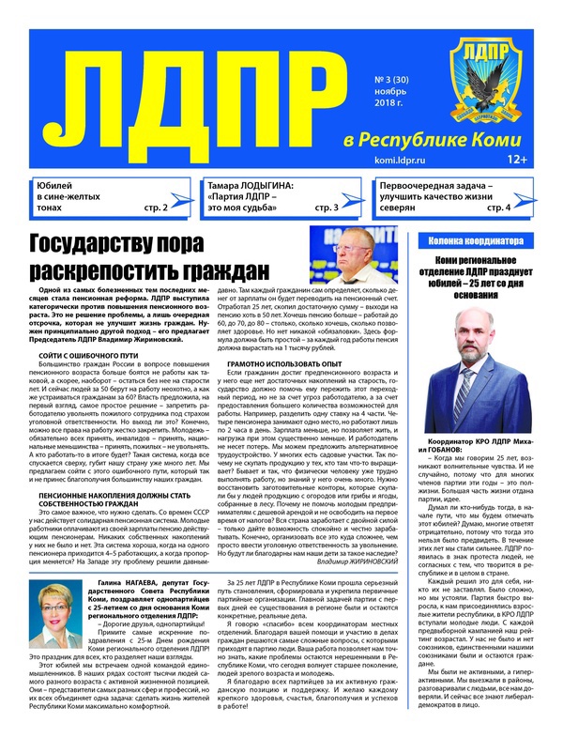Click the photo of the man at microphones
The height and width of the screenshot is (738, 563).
pos(354,255)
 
